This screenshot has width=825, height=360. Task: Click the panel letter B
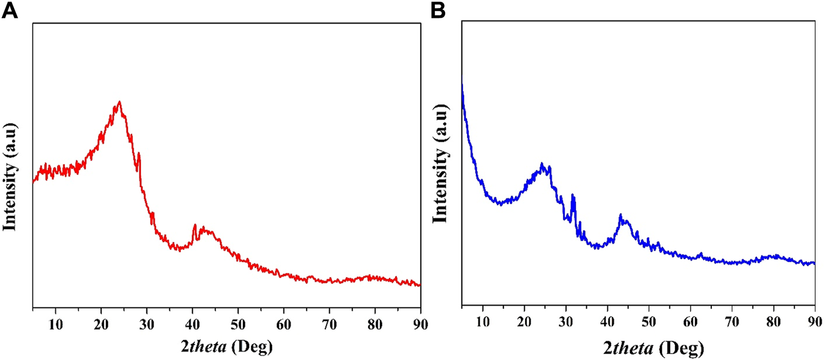point(438,10)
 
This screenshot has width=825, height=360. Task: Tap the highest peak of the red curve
point(119,102)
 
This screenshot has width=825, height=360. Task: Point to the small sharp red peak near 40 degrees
point(195,225)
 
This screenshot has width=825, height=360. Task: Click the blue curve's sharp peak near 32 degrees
point(573,195)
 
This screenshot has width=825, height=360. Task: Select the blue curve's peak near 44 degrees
point(621,215)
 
